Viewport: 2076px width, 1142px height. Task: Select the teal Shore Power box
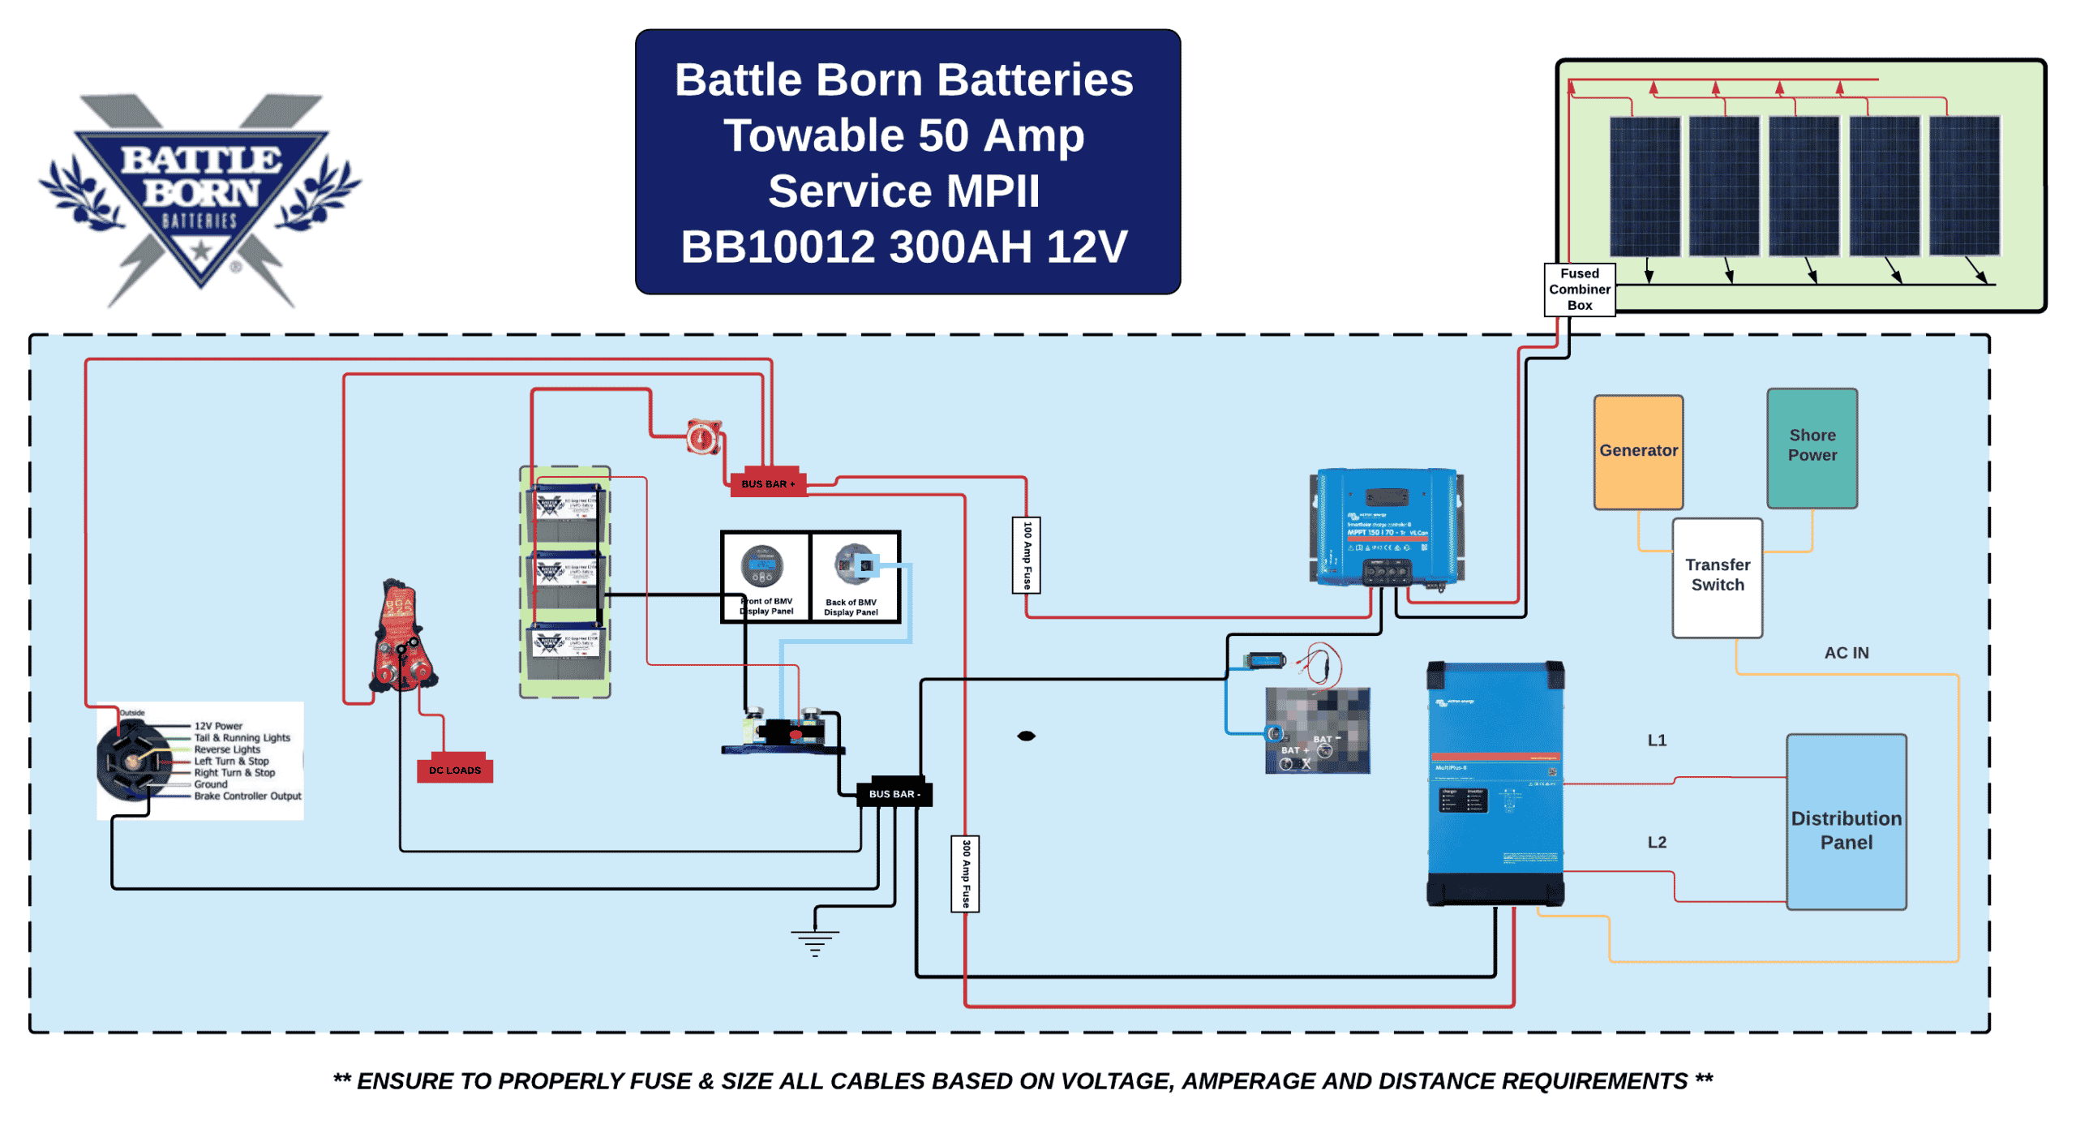[1811, 447]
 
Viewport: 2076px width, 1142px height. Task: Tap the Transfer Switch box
[1716, 576]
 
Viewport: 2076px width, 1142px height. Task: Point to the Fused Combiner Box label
[1578, 289]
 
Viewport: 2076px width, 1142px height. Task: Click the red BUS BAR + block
[766, 483]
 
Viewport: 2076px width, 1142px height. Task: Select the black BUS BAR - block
[894, 792]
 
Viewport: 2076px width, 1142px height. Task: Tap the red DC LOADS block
[454, 768]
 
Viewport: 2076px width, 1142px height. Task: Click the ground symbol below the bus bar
[814, 941]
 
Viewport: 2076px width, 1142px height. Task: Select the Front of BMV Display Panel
[764, 576]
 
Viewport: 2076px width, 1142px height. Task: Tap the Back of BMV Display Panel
[853, 576]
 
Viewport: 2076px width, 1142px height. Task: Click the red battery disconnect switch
[702, 436]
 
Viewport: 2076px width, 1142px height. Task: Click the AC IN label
[1845, 652]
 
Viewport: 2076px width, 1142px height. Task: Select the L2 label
[1655, 841]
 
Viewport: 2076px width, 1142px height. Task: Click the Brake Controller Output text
[247, 795]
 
